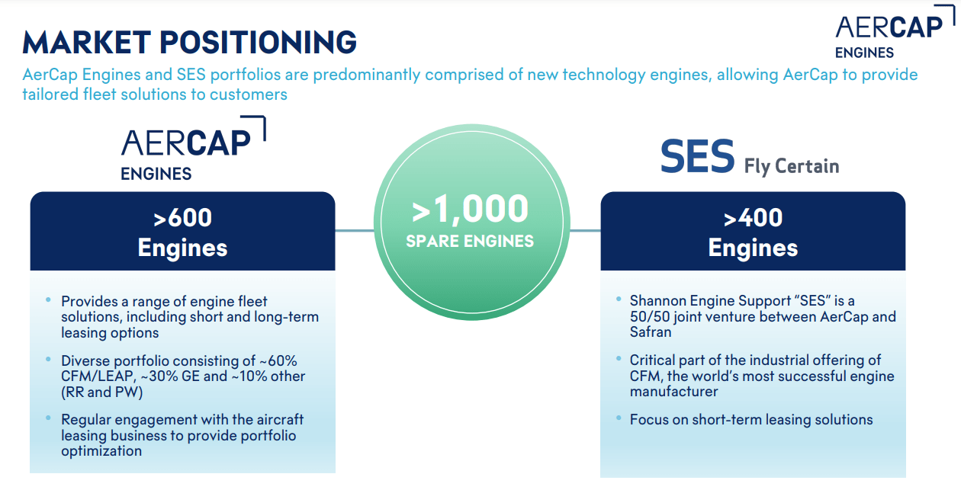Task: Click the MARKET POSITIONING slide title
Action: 189,41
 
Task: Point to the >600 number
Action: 182,218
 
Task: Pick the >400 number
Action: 753,218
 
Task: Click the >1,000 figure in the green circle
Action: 470,210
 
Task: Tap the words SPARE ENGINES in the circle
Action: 470,242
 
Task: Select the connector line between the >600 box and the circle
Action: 354,230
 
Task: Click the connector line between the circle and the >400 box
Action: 585,230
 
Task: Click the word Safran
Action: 650,332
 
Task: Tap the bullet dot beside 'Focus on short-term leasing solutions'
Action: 619,419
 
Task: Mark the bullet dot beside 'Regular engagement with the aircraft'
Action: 49,419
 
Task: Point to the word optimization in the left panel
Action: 101,451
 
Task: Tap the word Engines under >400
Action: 753,248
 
